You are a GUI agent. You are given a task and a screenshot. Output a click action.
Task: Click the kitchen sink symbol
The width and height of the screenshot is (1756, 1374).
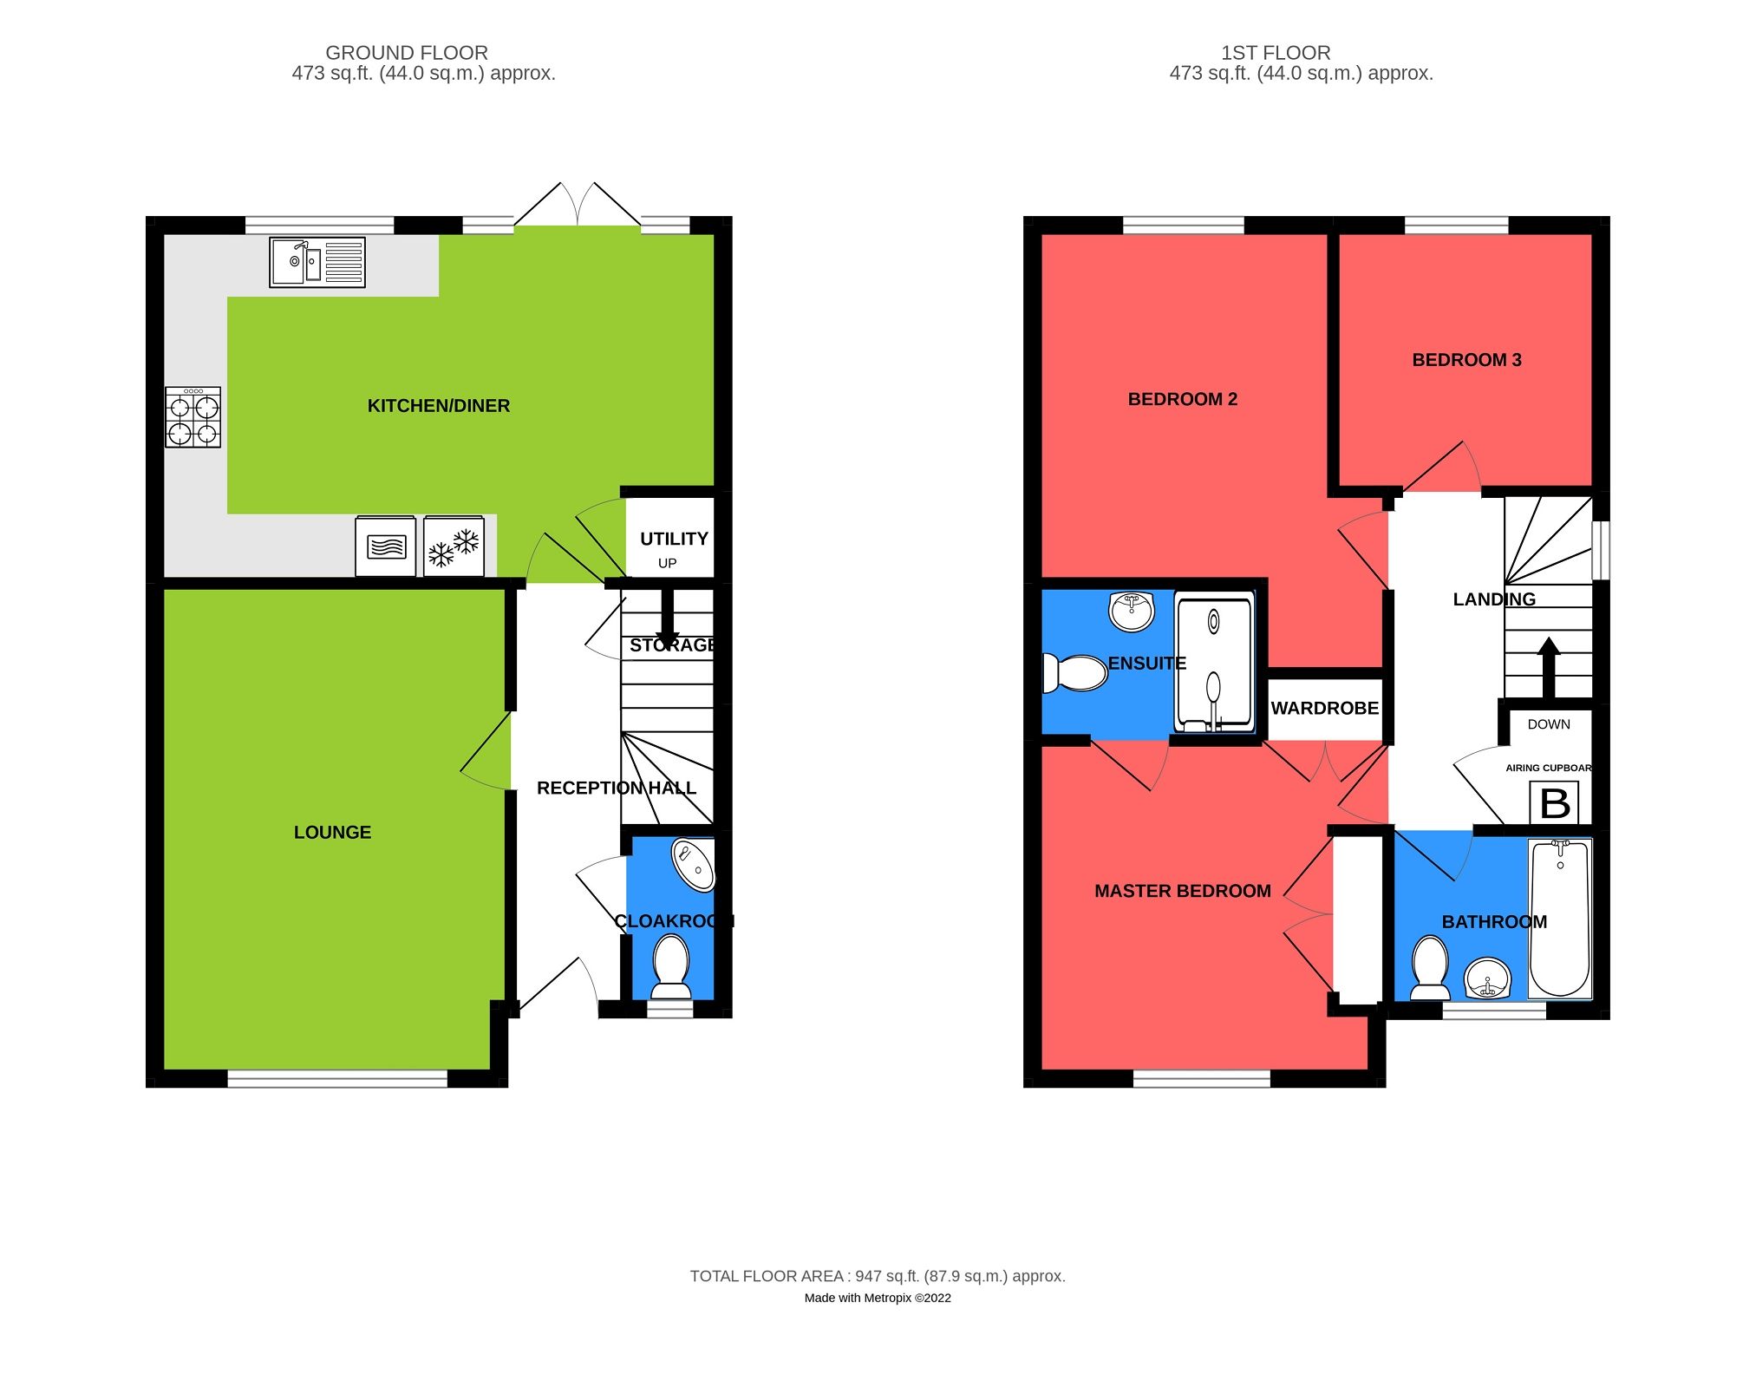click(317, 262)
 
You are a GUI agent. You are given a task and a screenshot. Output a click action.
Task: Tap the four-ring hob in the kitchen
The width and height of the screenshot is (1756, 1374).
click(193, 417)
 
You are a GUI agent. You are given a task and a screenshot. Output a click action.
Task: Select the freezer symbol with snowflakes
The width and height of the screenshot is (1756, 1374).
click(454, 546)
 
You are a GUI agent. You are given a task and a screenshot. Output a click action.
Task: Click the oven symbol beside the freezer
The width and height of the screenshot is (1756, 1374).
click(386, 546)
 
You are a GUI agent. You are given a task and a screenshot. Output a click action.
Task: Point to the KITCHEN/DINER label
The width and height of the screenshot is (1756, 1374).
click(438, 406)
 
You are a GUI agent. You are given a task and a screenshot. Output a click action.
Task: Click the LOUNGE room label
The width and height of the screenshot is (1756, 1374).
click(332, 833)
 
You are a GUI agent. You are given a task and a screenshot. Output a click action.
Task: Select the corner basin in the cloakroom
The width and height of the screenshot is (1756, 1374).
click(694, 864)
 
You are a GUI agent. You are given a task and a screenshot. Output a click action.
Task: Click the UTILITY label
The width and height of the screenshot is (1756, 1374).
click(674, 539)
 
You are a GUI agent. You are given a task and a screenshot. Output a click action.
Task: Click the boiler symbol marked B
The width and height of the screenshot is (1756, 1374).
click(1554, 803)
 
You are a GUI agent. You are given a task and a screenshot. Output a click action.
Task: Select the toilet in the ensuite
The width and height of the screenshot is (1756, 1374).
click(1075, 672)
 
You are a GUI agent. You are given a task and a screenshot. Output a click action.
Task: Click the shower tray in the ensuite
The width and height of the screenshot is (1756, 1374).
click(1214, 662)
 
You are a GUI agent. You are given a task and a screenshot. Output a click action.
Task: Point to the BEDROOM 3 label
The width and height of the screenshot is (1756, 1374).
click(1466, 360)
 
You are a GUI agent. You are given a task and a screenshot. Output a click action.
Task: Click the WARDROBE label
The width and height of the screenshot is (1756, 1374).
click(1324, 709)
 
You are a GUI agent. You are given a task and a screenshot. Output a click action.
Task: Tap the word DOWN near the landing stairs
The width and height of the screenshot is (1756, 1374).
click(1549, 724)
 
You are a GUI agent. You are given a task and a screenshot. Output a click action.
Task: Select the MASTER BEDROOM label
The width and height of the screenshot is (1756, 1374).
click(1182, 891)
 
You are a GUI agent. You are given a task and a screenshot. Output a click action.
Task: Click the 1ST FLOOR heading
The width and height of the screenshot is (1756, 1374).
click(1275, 53)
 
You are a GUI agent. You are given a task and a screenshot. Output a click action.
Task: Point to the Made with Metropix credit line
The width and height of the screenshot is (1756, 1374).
click(878, 1299)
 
